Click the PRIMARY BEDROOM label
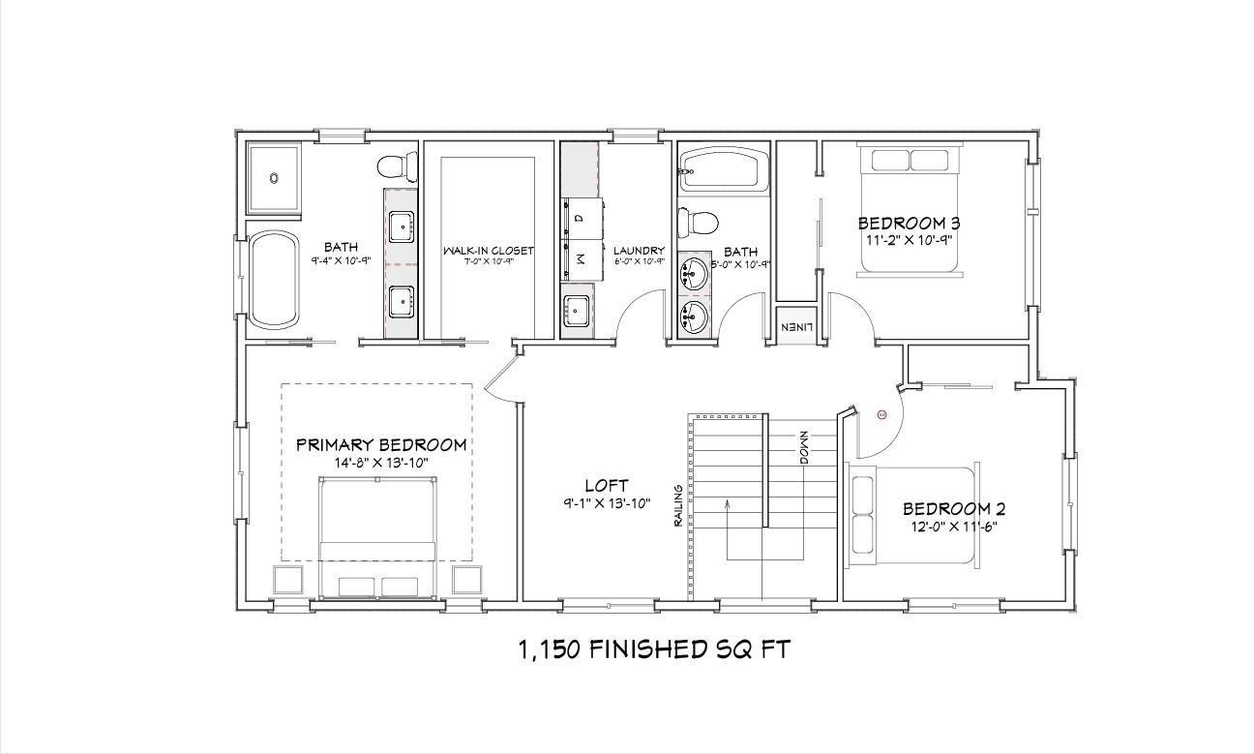point(380,444)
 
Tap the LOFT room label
point(607,485)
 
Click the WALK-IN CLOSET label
point(489,251)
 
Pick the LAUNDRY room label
point(640,251)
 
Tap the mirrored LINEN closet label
point(795,327)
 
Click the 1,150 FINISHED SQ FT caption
point(654,649)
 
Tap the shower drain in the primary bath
point(274,178)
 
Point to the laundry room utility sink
point(578,311)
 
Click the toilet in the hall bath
point(697,223)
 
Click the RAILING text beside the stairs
point(679,507)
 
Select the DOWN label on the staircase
point(803,448)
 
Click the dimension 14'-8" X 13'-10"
point(380,463)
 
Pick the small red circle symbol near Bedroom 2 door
point(881,414)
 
